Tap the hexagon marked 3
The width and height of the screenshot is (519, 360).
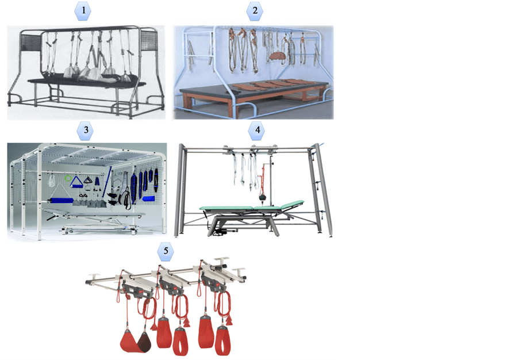86,131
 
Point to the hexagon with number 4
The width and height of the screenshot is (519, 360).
257,131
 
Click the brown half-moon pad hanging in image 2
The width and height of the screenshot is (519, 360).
279,55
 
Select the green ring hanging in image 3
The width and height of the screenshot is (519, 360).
68,178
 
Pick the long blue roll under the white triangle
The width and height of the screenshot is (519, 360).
60,200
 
